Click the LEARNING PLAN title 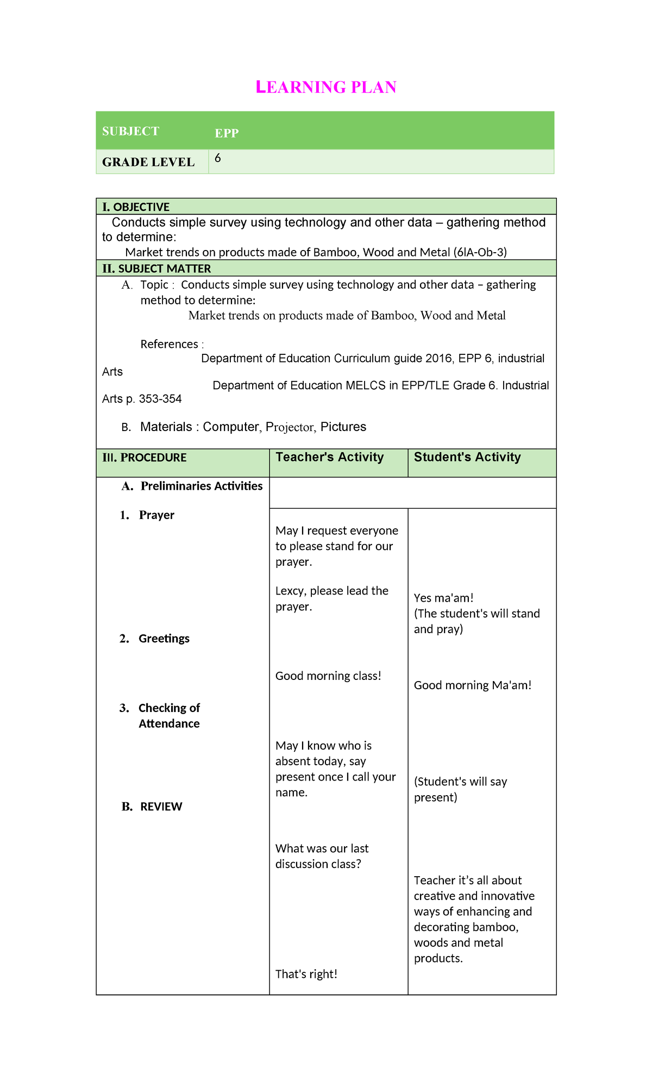click(326, 87)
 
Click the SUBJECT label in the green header click(130, 131)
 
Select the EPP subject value click(227, 133)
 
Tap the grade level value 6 click(217, 158)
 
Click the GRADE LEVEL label click(148, 162)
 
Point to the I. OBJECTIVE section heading click(136, 207)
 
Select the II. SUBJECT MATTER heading click(156, 268)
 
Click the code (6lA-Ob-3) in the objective click(480, 252)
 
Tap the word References click(169, 344)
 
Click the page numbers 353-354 click(160, 399)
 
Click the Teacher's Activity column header click(329, 457)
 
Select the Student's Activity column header click(467, 457)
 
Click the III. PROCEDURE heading click(144, 458)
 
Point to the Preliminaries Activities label click(201, 486)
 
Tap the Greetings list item click(164, 639)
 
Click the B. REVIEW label click(161, 807)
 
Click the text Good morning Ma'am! click(473, 685)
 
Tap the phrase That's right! click(306, 974)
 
